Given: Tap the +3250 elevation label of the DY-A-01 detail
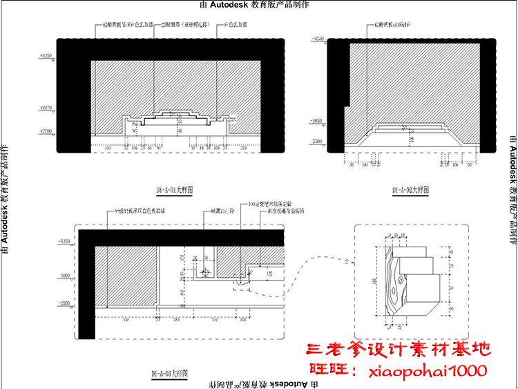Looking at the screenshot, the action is coord(47,55).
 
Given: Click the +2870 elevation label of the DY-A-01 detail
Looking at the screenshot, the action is coord(47,108).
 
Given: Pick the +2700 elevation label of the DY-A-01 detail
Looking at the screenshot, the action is coord(47,131).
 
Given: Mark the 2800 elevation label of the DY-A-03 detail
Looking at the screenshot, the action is coord(64,303).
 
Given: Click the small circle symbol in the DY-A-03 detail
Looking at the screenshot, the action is coord(205,270).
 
